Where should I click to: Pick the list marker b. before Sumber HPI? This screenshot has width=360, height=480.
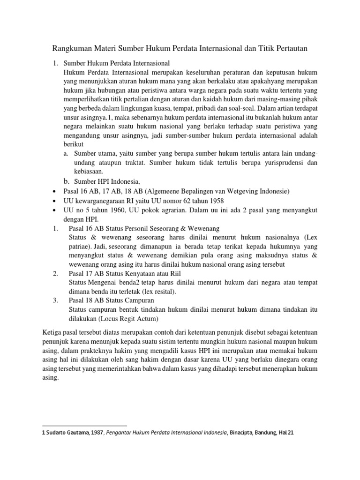[x=66, y=181]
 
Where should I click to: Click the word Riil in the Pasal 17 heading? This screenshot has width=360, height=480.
[x=174, y=273]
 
